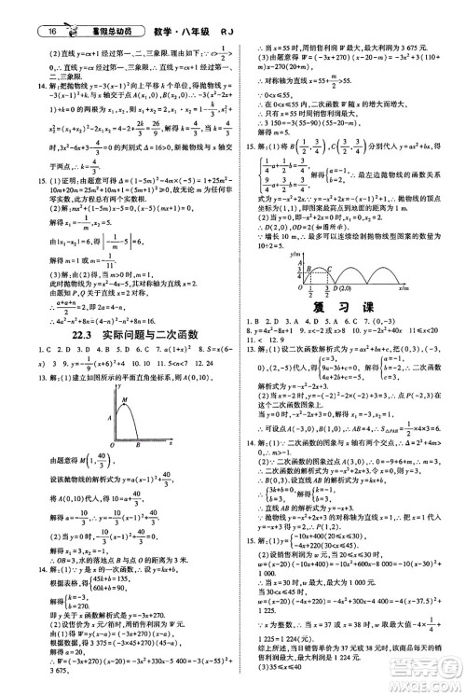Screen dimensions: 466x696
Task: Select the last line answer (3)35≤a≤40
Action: coord(279,683)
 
